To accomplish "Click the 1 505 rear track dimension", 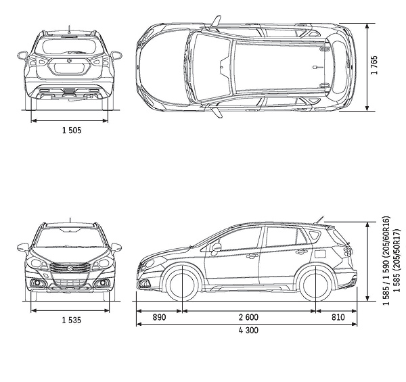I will (70, 130).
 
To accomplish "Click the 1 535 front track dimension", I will (70, 320).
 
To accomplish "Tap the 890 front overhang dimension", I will (159, 317).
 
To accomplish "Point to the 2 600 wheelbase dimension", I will (248, 317).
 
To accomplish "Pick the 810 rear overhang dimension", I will (338, 317).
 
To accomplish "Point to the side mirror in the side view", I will (217, 247).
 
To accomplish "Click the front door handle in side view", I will (252, 256).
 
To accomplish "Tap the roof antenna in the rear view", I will (70, 28).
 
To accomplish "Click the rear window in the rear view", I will (69, 47).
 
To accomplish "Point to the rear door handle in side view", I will (301, 252).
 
